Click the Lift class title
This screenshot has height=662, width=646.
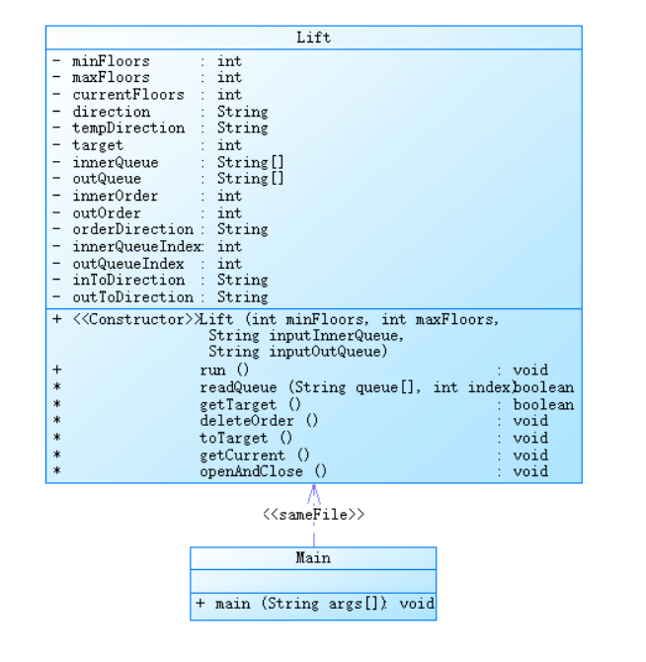[313, 38]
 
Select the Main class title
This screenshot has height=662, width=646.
[313, 558]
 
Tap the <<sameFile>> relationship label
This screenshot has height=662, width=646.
[313, 515]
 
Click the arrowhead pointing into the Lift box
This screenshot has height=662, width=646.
[314, 491]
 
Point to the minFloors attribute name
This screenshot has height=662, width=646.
[111, 61]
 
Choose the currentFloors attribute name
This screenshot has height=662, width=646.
[127, 95]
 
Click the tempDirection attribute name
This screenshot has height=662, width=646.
[127, 128]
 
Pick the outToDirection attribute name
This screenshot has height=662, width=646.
[132, 296]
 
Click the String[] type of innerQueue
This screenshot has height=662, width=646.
[250, 162]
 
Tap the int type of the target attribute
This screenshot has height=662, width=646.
[229, 145]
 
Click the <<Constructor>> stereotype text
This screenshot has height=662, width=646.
[135, 319]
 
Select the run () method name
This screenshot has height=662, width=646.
[224, 370]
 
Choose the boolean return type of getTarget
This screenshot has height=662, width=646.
[543, 404]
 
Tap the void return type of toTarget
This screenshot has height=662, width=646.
[530, 438]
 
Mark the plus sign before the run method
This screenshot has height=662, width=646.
[57, 370]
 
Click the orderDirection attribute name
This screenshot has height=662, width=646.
[132, 229]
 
